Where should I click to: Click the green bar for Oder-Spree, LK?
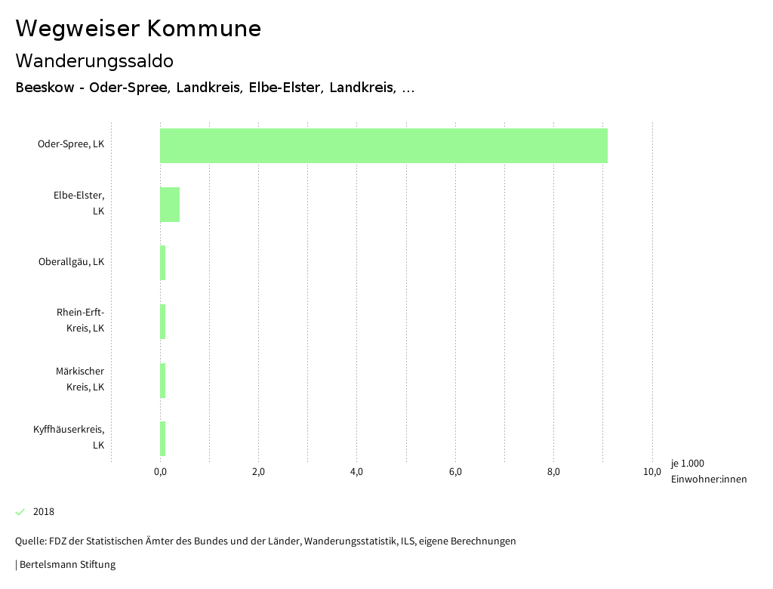tap(383, 146)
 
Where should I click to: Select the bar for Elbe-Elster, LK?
tap(170, 204)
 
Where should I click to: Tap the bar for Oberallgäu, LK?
tap(163, 263)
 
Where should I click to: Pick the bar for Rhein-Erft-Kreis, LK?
tap(163, 322)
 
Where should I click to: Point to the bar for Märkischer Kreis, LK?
tap(163, 380)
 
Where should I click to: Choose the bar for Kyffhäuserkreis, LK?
tap(163, 439)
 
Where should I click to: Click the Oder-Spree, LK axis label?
tap(71, 143)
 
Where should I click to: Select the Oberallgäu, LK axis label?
tap(71, 262)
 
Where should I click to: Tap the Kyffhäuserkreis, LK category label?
tap(69, 437)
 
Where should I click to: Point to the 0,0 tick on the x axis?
tap(160, 472)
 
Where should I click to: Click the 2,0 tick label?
tap(258, 472)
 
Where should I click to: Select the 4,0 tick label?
tap(357, 472)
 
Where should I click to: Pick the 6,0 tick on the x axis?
tap(455, 472)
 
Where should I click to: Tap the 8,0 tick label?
tap(553, 472)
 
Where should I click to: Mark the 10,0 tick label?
tap(652, 472)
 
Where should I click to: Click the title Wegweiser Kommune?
tap(138, 29)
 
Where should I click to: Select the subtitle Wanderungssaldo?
tap(94, 60)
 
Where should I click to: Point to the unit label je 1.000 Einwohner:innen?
tap(708, 471)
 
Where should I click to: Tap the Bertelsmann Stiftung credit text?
tap(66, 564)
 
